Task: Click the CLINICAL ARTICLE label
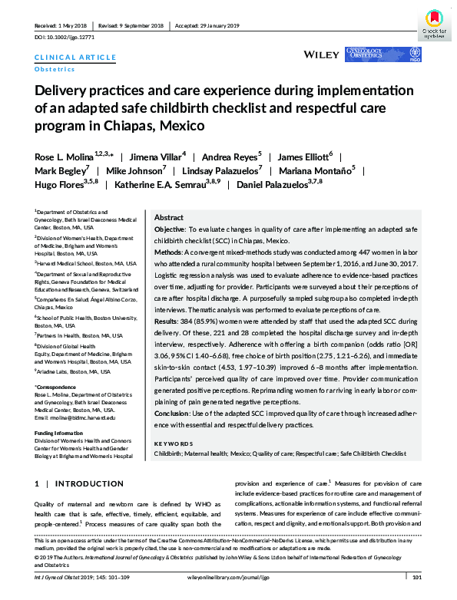75,58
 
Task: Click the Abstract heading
169,218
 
